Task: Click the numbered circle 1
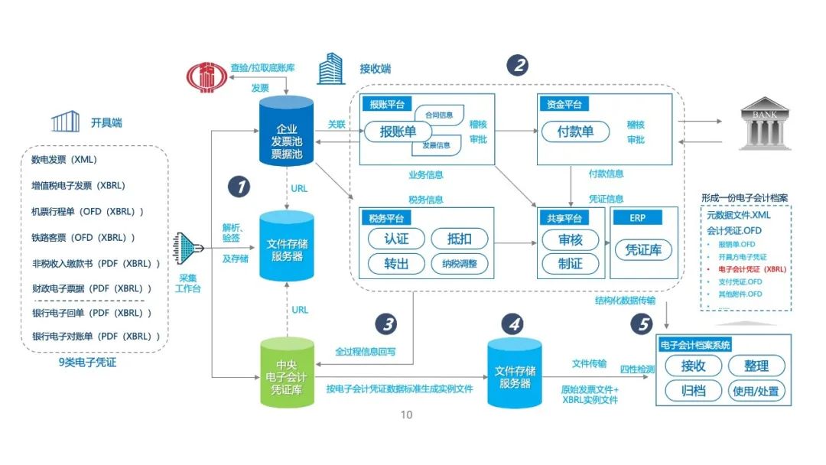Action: tap(239, 186)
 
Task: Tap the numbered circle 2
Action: tap(518, 64)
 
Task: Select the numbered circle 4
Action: tap(515, 324)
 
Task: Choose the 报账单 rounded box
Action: tap(398, 132)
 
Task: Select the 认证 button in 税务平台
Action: tap(396, 239)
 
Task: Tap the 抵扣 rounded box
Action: tap(460, 239)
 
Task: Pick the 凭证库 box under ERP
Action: tap(643, 249)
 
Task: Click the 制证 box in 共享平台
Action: tap(571, 263)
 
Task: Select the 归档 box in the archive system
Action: tap(694, 391)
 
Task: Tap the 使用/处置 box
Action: tap(756, 391)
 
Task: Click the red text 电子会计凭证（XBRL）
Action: tap(752, 269)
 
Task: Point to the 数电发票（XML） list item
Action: tap(64, 161)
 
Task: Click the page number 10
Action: tap(406, 415)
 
